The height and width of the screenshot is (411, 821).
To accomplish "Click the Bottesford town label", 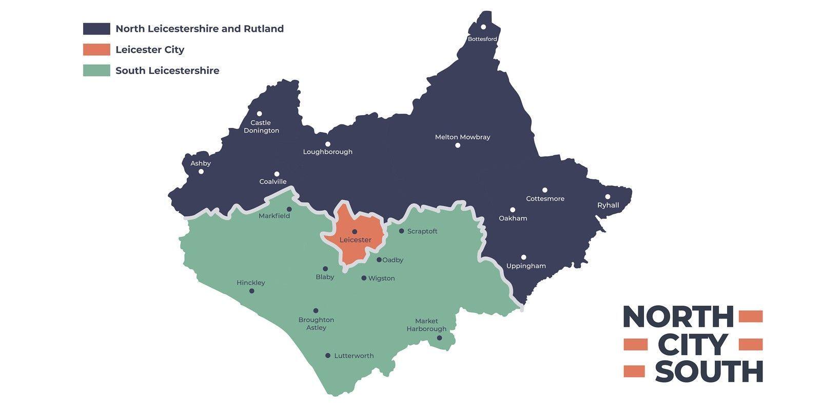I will pyautogui.click(x=482, y=39).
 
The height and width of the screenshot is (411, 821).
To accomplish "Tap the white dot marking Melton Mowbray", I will pyautogui.click(x=458, y=145).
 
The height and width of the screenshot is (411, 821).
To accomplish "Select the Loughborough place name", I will pyautogui.click(x=327, y=152).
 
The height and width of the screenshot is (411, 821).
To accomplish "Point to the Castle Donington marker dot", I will pyautogui.click(x=260, y=114).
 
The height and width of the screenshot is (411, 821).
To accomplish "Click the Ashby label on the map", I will pyautogui.click(x=201, y=163).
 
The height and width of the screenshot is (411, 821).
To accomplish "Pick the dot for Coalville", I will pyautogui.click(x=277, y=174).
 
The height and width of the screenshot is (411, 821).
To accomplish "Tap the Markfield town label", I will pyautogui.click(x=274, y=216).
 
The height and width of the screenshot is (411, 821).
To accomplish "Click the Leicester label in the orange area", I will pyautogui.click(x=356, y=240).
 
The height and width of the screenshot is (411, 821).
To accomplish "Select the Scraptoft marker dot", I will pyautogui.click(x=401, y=231).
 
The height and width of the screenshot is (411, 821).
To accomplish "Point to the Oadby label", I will pyautogui.click(x=393, y=260).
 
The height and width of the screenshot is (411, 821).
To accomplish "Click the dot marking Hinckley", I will pyautogui.click(x=251, y=291).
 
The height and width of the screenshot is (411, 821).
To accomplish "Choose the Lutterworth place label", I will pyautogui.click(x=354, y=356).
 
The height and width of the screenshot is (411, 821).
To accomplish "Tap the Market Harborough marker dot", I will pyautogui.click(x=439, y=338).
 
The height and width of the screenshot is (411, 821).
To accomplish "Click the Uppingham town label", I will pyautogui.click(x=526, y=266).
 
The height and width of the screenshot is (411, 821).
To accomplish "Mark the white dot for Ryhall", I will pyautogui.click(x=608, y=196).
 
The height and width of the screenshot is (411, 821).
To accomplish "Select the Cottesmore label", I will pyautogui.click(x=545, y=199).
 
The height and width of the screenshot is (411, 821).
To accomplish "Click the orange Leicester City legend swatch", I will pyautogui.click(x=96, y=50).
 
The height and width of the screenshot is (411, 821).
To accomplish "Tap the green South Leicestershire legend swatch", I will pyautogui.click(x=96, y=70).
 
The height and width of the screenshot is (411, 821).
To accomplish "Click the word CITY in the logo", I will pyautogui.click(x=692, y=345).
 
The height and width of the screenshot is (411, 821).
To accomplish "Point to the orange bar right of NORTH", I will pyautogui.click(x=751, y=316).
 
